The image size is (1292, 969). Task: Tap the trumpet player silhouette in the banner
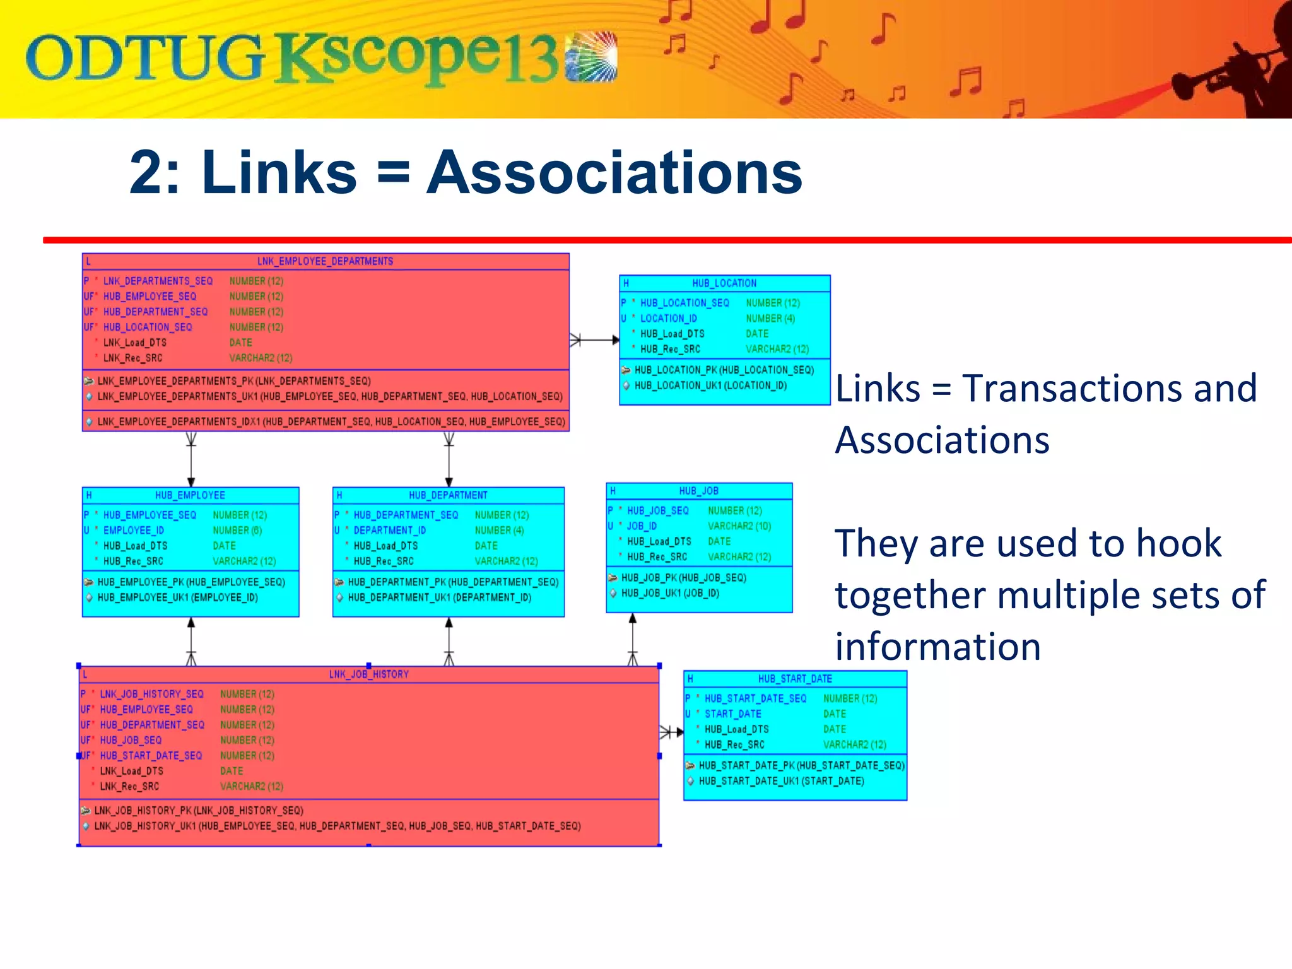point(1236,69)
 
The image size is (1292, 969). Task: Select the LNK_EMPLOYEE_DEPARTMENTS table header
point(325,261)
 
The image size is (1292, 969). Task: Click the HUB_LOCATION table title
point(724,283)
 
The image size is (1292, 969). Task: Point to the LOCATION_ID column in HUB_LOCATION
point(668,319)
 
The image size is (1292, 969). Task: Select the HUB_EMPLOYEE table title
point(190,495)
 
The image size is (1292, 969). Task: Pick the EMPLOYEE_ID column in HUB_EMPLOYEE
point(133,531)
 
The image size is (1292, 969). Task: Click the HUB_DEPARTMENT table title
point(448,495)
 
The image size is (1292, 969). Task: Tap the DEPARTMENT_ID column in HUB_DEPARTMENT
point(389,531)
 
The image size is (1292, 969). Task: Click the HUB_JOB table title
point(698,491)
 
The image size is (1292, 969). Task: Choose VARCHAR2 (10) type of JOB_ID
point(739,526)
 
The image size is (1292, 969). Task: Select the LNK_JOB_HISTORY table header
point(368,674)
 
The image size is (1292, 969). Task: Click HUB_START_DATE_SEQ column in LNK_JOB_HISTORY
point(151,756)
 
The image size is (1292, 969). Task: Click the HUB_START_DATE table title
point(795,679)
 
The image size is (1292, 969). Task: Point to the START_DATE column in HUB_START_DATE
point(732,714)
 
